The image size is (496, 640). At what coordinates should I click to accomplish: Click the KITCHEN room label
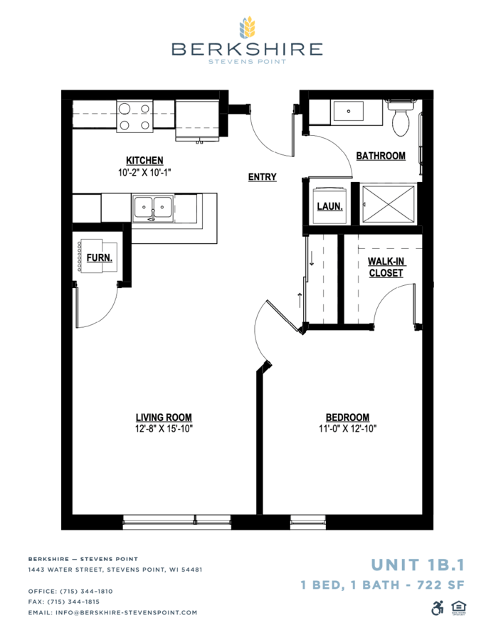click(144, 161)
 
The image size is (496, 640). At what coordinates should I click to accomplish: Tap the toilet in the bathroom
click(401, 117)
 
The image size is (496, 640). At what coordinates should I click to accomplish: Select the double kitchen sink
click(153, 209)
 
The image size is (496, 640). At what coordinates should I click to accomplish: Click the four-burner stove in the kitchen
click(134, 116)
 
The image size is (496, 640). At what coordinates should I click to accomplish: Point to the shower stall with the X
click(388, 204)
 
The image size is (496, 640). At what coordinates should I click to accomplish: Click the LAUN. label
click(329, 206)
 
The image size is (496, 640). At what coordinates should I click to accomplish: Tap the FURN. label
click(100, 258)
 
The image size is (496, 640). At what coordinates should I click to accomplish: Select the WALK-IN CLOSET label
click(386, 267)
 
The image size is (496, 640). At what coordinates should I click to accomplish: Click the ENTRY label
click(263, 177)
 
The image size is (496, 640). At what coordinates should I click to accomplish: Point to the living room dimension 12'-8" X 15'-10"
click(164, 429)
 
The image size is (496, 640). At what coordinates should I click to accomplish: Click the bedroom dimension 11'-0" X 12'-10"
click(348, 429)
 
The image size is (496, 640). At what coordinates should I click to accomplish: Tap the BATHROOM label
click(381, 156)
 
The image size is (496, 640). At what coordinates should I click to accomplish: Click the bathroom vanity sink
click(349, 111)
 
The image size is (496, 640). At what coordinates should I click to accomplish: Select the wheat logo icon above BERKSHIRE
click(247, 27)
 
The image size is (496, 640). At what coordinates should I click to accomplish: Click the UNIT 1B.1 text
click(418, 565)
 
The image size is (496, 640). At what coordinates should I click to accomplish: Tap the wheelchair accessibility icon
click(437, 608)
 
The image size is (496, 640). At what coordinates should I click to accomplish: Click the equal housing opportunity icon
click(459, 608)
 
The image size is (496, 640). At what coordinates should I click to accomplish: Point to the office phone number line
click(70, 591)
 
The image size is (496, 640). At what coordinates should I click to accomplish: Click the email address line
click(112, 612)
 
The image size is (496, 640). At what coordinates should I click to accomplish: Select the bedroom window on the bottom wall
click(308, 522)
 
